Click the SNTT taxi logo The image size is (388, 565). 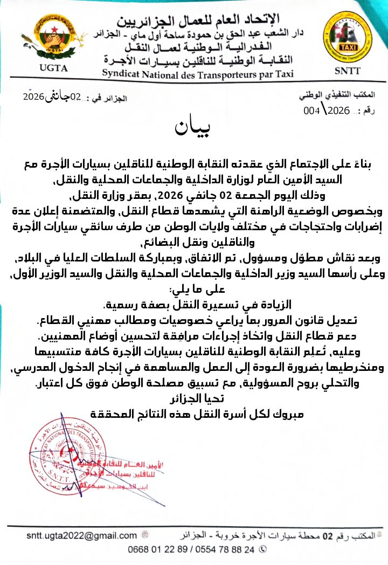pyautogui.click(x=339, y=40)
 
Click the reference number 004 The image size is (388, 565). pyautogui.click(x=312, y=111)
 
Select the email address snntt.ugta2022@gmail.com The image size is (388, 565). pyautogui.click(x=82, y=535)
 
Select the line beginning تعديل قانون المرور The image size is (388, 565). pyautogui.click(x=194, y=321)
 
